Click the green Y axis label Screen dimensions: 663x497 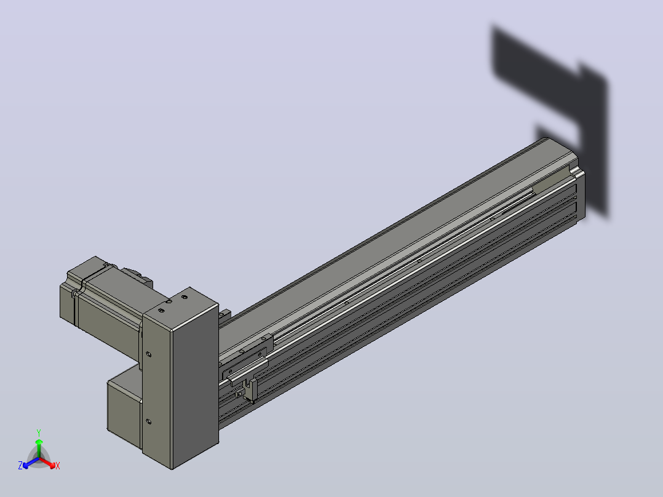click(39, 432)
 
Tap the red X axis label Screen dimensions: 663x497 click(58, 466)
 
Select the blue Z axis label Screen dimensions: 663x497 click(20, 465)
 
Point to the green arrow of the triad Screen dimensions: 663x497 click(39, 448)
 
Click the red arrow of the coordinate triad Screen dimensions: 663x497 click(47, 463)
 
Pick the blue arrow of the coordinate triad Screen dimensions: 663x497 click(31, 463)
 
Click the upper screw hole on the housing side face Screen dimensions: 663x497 click(148, 354)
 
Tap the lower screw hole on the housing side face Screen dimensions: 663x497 click(148, 421)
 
